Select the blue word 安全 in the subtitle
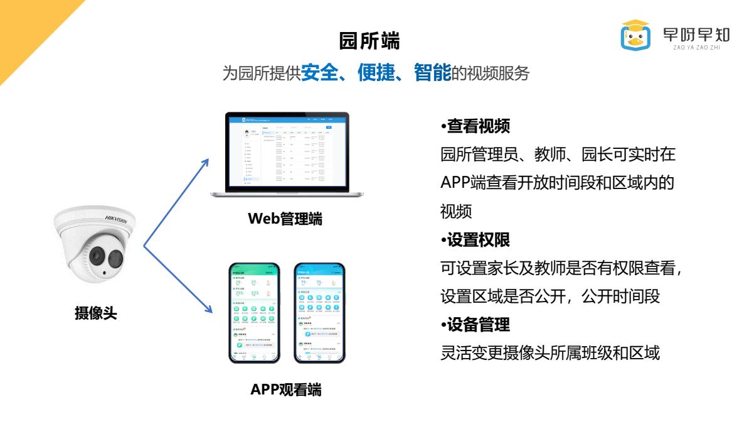click(319, 73)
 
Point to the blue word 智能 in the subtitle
click(432, 73)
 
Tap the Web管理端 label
click(285, 219)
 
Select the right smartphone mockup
click(319, 312)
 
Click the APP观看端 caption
click(285, 389)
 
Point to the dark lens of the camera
click(97, 255)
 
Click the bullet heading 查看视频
click(478, 127)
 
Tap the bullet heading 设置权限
click(478, 239)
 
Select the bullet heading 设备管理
click(478, 325)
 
